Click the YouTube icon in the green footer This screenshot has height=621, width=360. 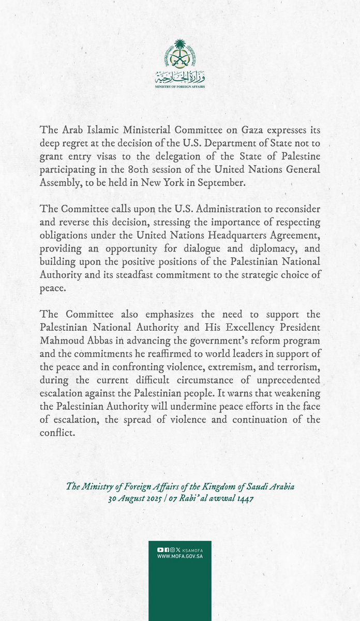159,550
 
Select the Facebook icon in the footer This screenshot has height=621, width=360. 166,550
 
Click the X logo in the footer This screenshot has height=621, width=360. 177,550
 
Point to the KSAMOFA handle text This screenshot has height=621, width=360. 191,550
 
